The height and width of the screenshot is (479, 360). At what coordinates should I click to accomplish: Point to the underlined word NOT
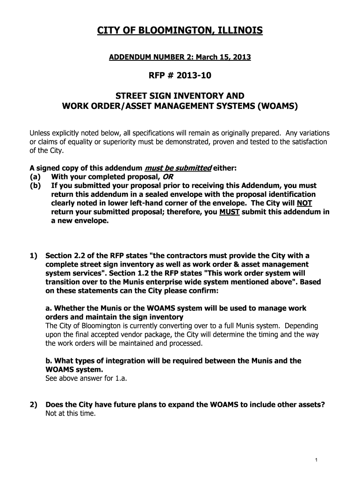pos(304,203)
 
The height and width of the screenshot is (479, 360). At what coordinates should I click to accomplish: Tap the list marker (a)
pos(36,177)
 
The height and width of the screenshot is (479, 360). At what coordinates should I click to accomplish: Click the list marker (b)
pos(36,186)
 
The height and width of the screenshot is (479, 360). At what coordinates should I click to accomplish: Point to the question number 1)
pos(34,256)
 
